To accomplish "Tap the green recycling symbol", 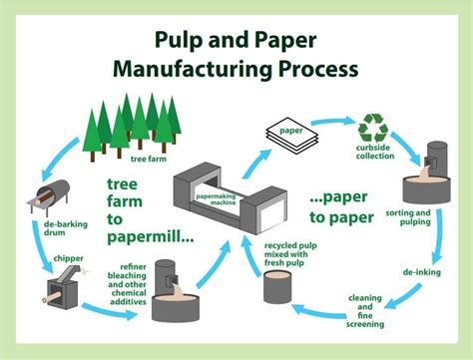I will click(374, 127).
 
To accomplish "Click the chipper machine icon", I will click(60, 290).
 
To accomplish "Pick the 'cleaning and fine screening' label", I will click(364, 311).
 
